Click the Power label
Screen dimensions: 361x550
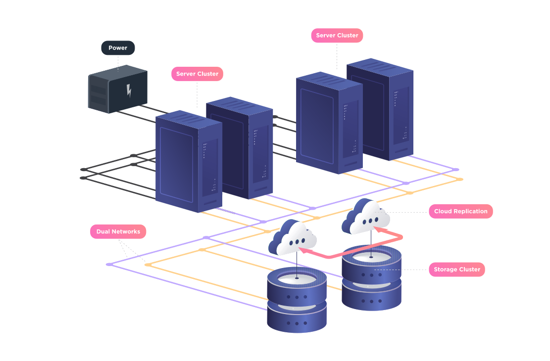tap(118, 48)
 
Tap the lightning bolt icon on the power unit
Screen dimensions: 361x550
tap(129, 91)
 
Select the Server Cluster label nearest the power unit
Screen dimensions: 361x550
tap(197, 74)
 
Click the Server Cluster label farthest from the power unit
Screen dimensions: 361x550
tap(337, 35)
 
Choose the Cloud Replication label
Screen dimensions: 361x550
tap(460, 211)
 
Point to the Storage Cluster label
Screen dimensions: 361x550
tap(456, 270)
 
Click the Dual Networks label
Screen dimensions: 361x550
tap(118, 231)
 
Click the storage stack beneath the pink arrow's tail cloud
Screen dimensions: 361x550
tap(297, 299)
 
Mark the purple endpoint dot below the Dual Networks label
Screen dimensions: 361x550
tap(109, 264)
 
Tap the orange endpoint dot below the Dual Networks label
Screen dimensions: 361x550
tap(148, 265)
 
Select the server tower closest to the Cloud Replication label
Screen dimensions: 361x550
tap(380, 111)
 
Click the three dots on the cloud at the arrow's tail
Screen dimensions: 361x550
tap(297, 243)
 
